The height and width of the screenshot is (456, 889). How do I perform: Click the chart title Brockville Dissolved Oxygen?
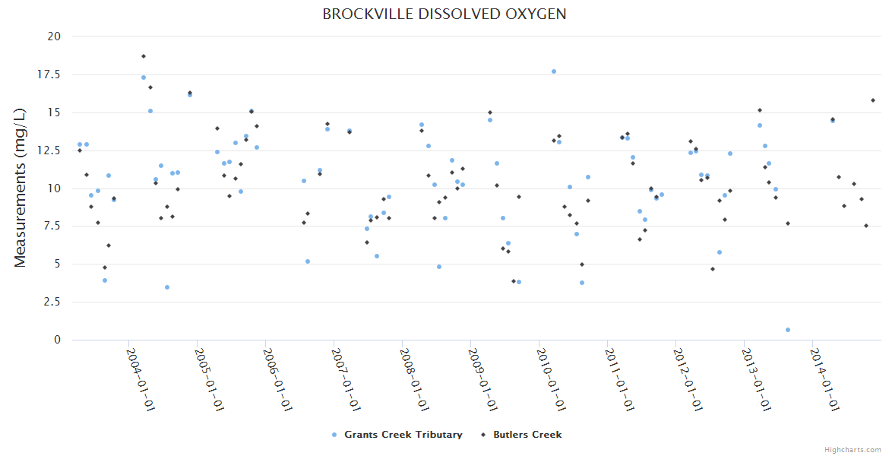click(x=444, y=14)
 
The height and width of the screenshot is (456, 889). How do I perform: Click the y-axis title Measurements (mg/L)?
click(x=21, y=187)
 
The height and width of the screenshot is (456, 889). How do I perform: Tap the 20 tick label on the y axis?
click(x=54, y=36)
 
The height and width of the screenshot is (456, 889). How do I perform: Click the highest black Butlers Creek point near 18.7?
click(x=143, y=56)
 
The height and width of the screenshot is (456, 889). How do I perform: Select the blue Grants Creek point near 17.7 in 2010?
click(x=554, y=71)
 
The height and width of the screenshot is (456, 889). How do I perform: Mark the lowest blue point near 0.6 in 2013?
click(x=788, y=330)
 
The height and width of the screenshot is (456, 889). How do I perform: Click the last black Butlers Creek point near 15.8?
click(x=873, y=100)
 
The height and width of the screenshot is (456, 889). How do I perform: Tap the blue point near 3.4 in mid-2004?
click(x=167, y=287)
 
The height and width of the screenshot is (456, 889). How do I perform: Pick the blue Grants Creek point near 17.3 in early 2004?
click(x=144, y=78)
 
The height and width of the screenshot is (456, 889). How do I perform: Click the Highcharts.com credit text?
click(x=853, y=449)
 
